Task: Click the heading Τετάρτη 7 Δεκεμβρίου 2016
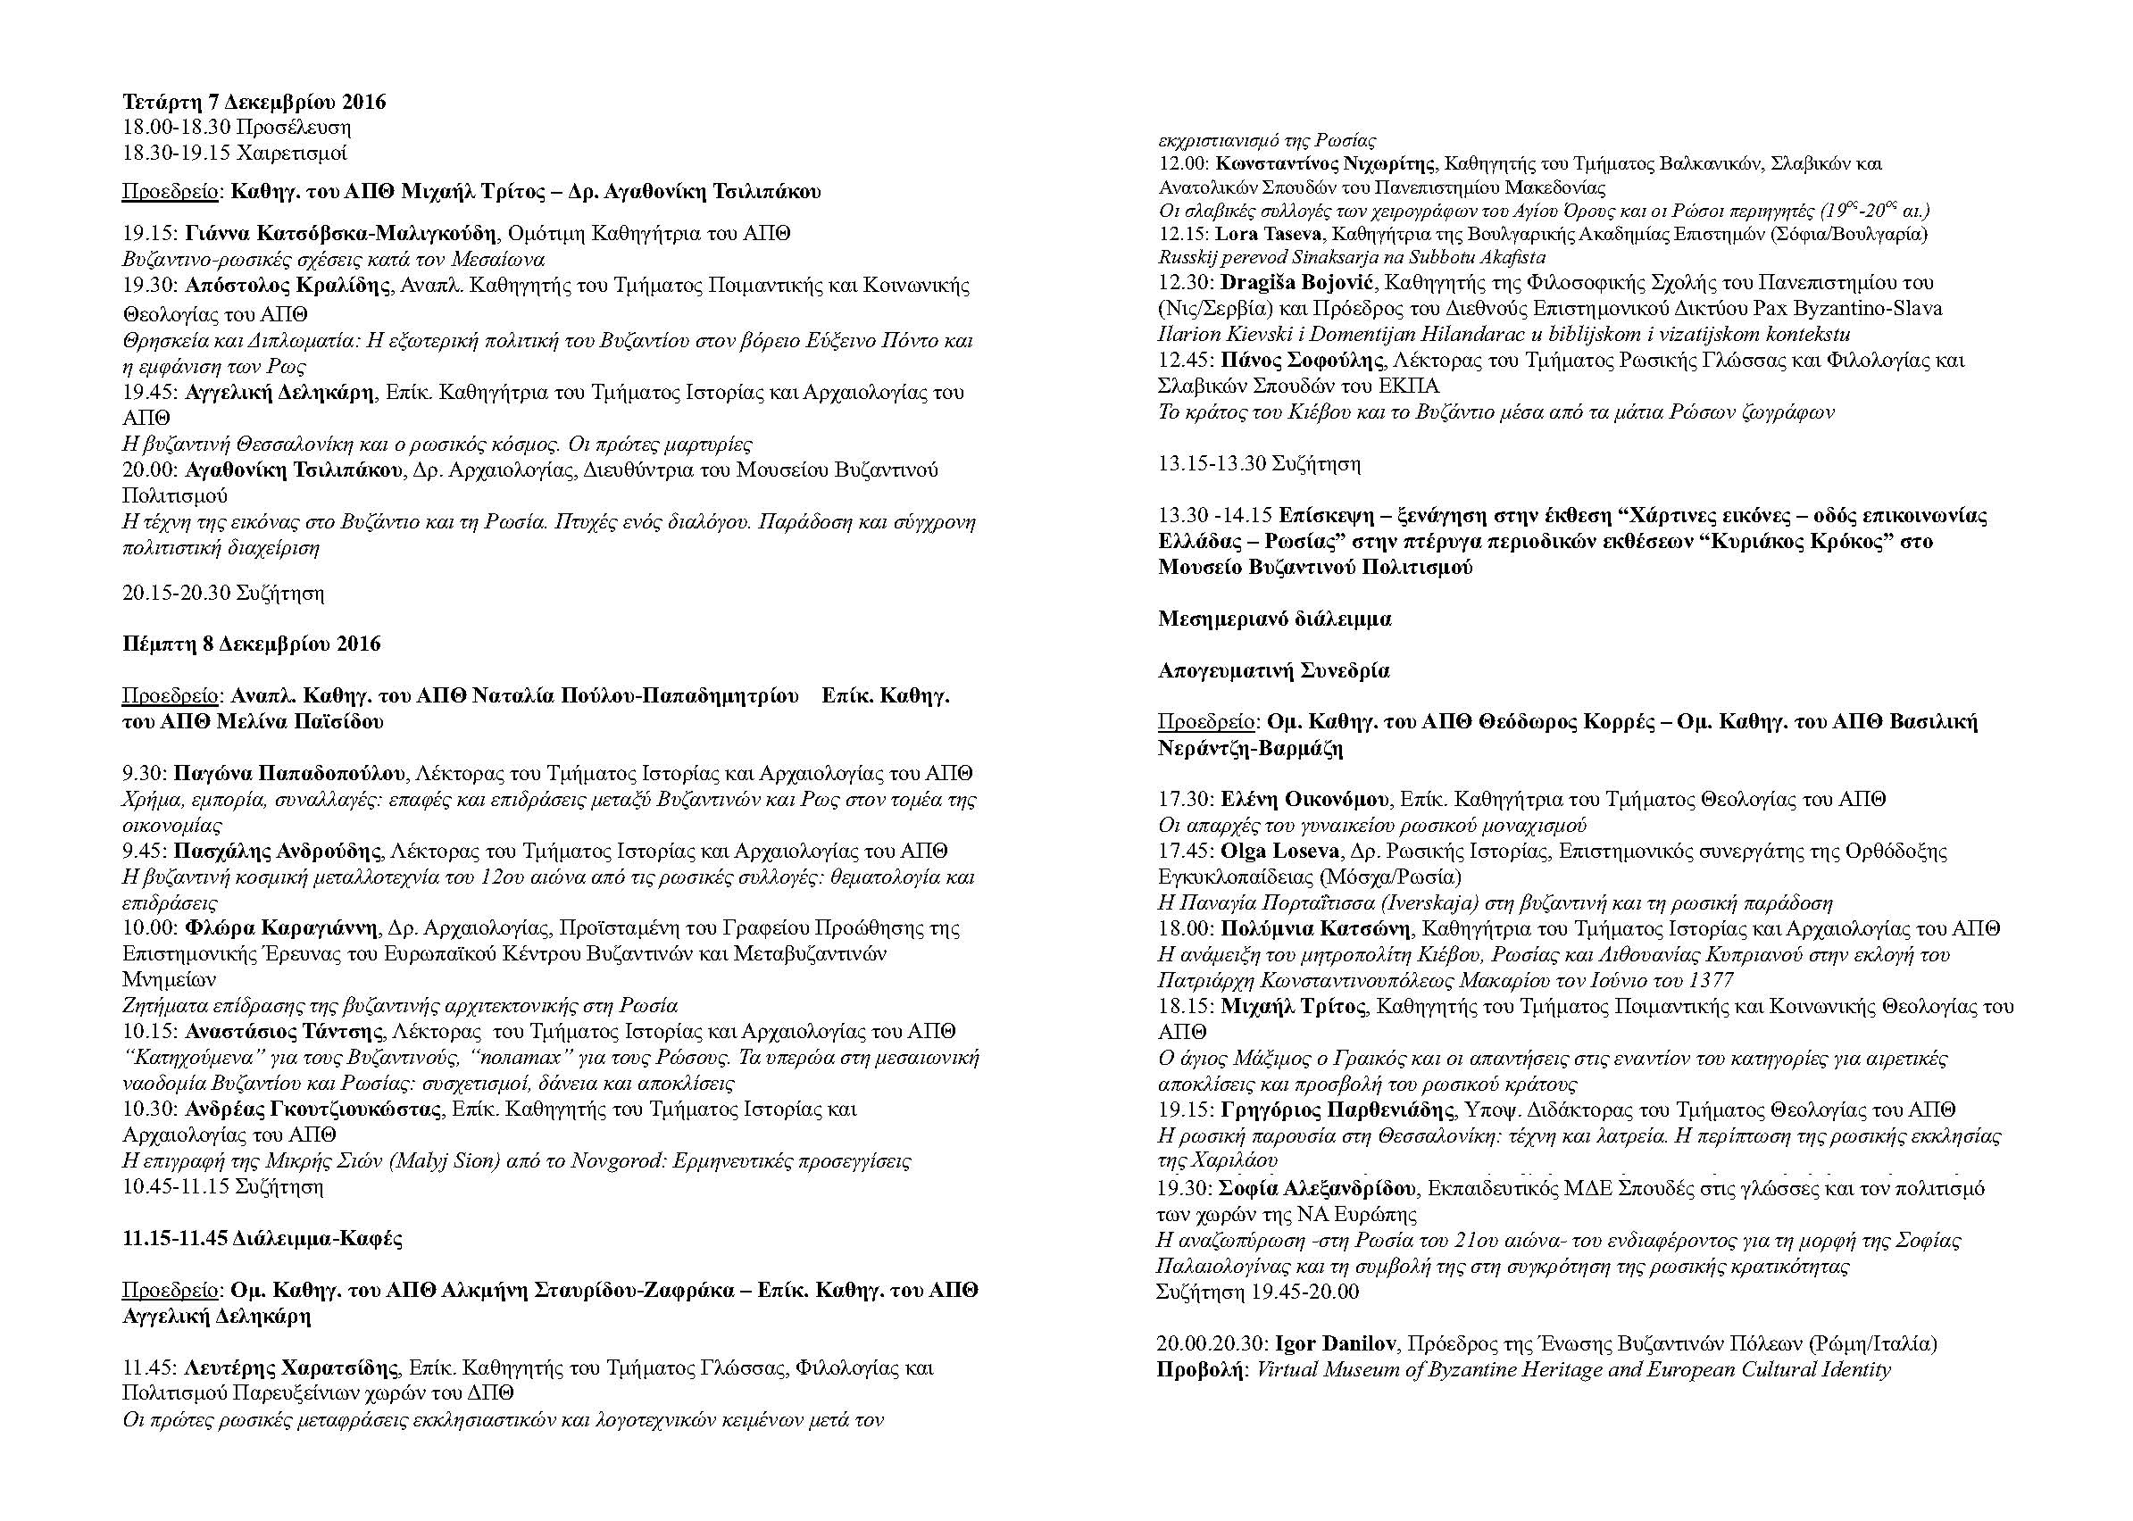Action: tap(254, 101)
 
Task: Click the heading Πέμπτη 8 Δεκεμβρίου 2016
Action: tap(251, 644)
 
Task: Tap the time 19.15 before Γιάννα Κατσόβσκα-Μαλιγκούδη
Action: tap(150, 233)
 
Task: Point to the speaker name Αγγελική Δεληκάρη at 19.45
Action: tap(279, 393)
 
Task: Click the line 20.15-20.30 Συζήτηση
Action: tap(223, 593)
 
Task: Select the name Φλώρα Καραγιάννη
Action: tap(281, 928)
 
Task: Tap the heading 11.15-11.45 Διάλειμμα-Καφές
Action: tap(262, 1238)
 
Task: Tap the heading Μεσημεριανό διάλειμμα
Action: tap(1274, 619)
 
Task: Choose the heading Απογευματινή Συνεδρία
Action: tap(1273, 670)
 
